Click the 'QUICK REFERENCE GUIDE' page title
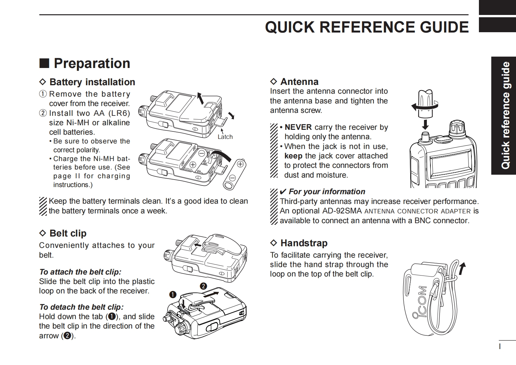(x=367, y=27)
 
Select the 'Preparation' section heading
(x=92, y=63)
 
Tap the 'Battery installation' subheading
(x=92, y=82)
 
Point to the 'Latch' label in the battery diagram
(x=225, y=137)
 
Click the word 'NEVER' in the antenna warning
(x=298, y=127)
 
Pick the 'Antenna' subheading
(x=299, y=82)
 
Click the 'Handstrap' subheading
(x=304, y=243)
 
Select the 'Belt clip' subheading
(x=68, y=233)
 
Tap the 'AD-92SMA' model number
(x=342, y=211)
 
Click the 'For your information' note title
(x=327, y=192)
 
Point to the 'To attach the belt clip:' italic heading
(x=80, y=272)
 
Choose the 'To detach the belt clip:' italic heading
(x=81, y=307)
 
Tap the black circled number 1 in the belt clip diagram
(x=173, y=295)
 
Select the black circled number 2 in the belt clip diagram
(x=203, y=286)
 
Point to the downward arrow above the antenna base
(x=425, y=124)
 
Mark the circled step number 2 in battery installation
(x=43, y=113)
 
